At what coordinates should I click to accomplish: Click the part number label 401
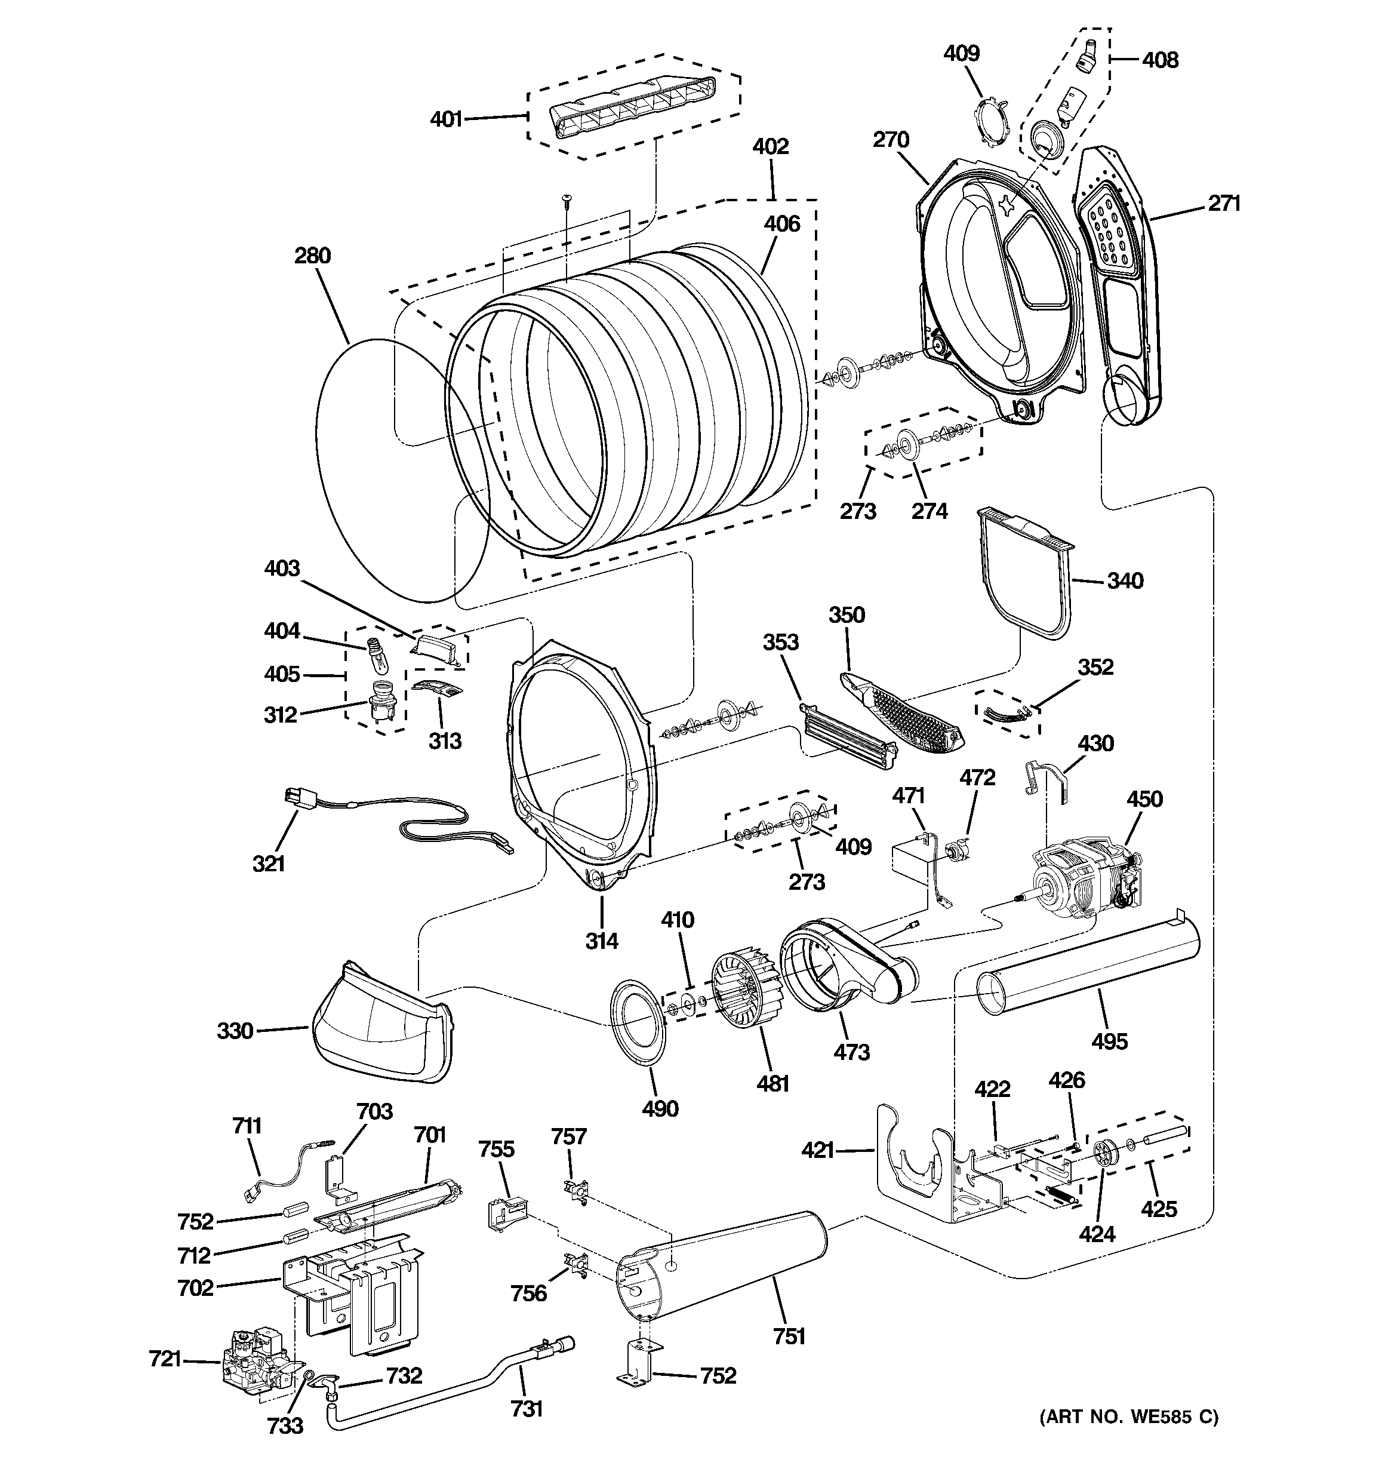tap(446, 119)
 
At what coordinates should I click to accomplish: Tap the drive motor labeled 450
tap(1082, 877)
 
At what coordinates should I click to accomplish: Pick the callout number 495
tap(1109, 1041)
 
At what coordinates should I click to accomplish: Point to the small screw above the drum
tap(567, 199)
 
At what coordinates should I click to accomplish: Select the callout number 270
tap(891, 139)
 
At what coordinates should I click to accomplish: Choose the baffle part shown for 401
tap(632, 108)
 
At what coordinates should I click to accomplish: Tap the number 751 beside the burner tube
tap(790, 1336)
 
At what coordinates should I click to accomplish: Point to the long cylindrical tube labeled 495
tap(1089, 966)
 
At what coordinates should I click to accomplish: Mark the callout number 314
tap(601, 941)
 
